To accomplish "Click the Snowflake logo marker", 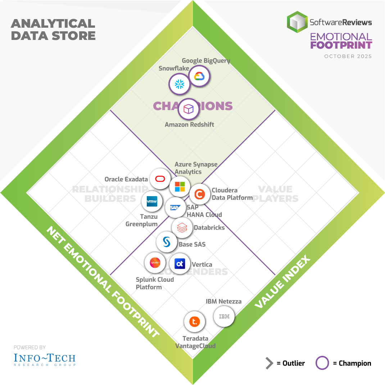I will coord(179,84).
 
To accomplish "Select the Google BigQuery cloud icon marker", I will coord(199,76).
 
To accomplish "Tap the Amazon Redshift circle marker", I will coord(189,109).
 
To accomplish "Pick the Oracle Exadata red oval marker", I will coord(160,179).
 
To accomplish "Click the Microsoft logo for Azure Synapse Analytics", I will coord(180,186).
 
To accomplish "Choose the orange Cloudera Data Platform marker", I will coord(199,194).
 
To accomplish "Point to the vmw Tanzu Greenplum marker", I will coord(152,202).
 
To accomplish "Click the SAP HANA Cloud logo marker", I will coord(175,208).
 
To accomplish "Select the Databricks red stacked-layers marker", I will coord(182,227).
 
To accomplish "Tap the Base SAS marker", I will coord(167,242).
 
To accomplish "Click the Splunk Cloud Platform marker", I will coord(155,263).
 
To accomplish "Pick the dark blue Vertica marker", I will coord(180,264).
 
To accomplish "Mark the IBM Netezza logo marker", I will coord(224,317).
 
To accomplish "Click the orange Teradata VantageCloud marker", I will coord(194,322).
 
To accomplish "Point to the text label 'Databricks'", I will coord(209,227).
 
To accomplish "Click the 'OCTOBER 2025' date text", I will coord(348,56).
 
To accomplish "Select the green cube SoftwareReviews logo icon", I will coord(297,22).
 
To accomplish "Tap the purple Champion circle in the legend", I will coord(322,363).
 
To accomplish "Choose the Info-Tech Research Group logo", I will coord(45,359).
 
